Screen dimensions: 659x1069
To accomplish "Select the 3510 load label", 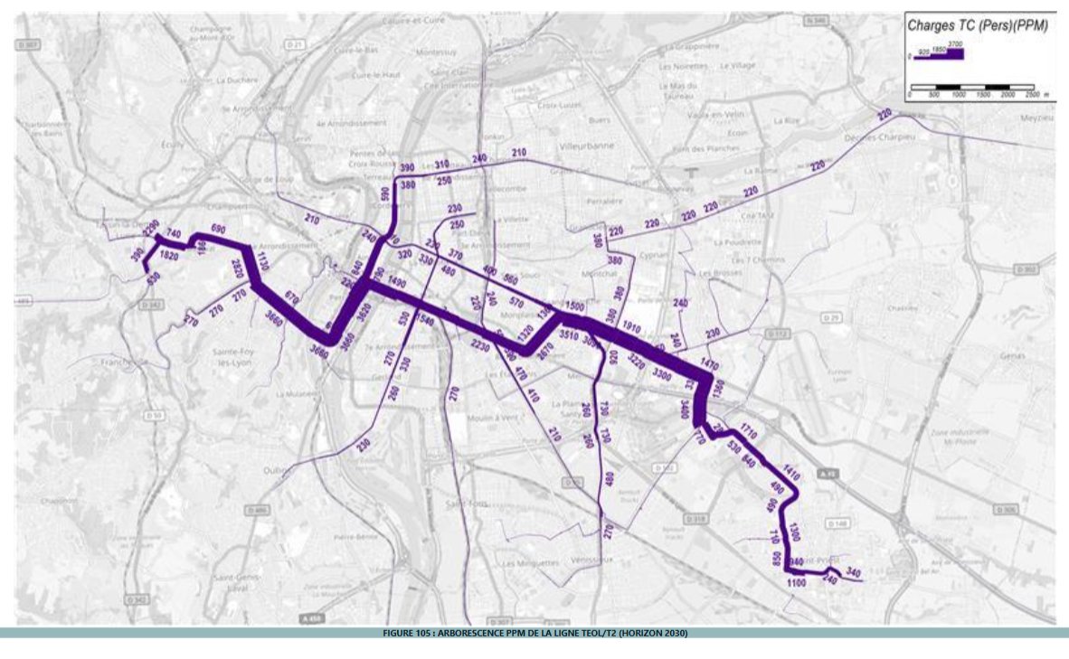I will click(568, 335).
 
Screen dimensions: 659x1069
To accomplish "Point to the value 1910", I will click(631, 329).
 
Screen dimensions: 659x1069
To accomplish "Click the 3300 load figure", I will click(661, 372).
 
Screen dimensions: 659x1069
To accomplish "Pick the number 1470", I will click(709, 362).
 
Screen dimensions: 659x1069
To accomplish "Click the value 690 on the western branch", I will click(217, 228).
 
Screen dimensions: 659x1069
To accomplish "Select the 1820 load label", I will click(167, 256).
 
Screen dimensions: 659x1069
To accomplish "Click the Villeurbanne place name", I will click(587, 145).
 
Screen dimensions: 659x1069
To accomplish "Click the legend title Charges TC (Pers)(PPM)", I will click(978, 26).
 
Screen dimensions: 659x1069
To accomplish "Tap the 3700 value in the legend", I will click(955, 43).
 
